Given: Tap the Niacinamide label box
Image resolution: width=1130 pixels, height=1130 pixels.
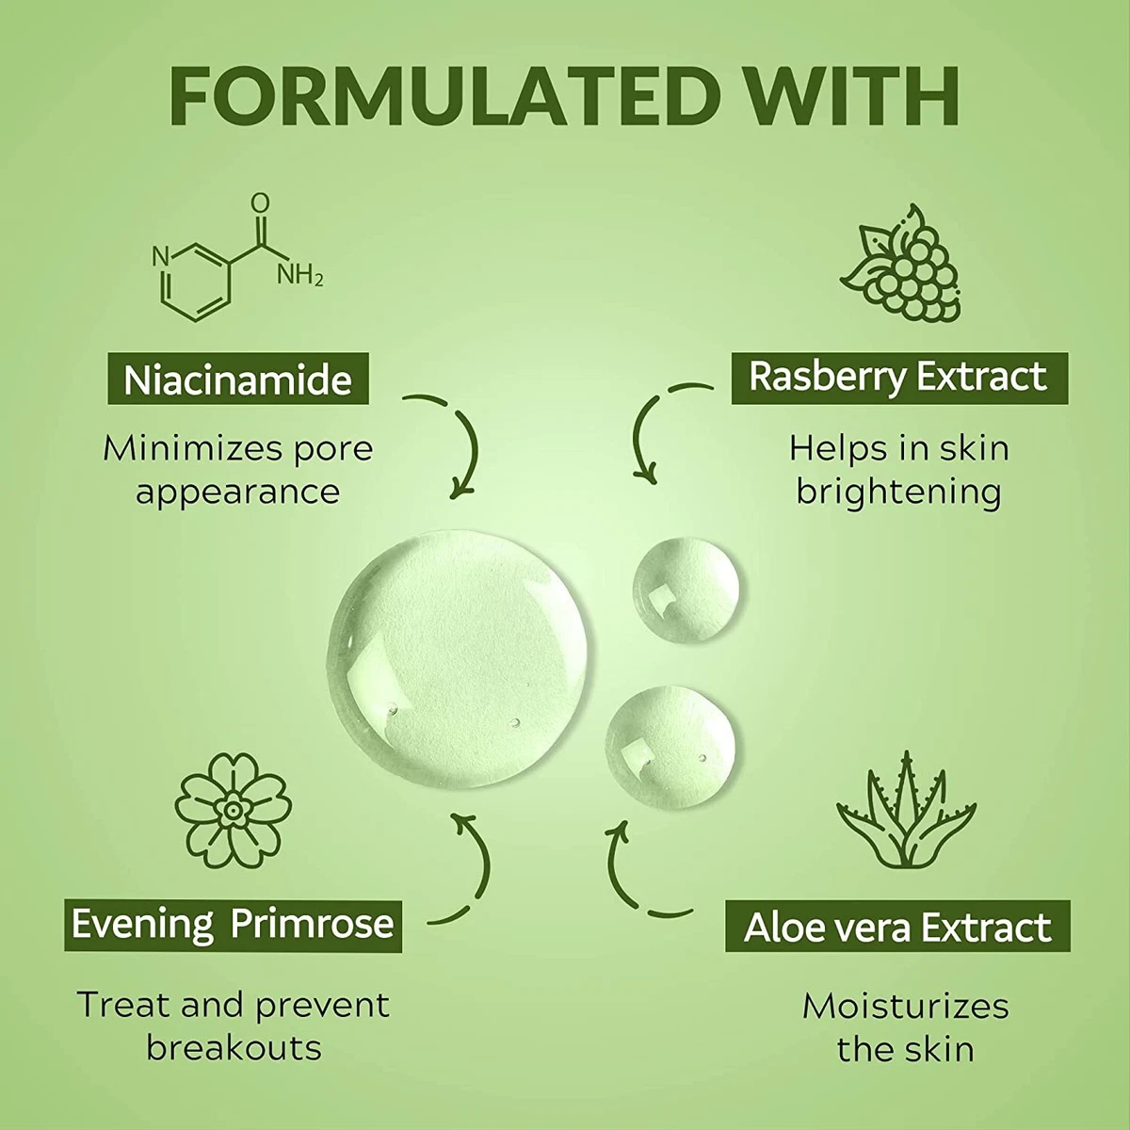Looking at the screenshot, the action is tap(238, 379).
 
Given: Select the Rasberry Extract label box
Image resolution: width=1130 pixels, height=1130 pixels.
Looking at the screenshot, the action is tap(899, 379).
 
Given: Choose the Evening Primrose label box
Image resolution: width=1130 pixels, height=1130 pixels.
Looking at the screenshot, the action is tap(233, 926).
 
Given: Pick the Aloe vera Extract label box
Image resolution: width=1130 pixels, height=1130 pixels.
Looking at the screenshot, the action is tap(897, 927).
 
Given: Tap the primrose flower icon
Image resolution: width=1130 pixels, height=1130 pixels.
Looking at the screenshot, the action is tap(233, 811).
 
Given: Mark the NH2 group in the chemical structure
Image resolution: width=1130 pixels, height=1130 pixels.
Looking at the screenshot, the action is tap(299, 274).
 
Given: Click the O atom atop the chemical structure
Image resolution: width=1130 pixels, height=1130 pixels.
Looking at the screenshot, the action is tap(260, 202).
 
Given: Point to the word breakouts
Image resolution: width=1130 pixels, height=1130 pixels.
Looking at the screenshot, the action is tap(234, 1048).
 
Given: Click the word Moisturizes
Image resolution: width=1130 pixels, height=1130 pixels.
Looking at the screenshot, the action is tap(905, 1007).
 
